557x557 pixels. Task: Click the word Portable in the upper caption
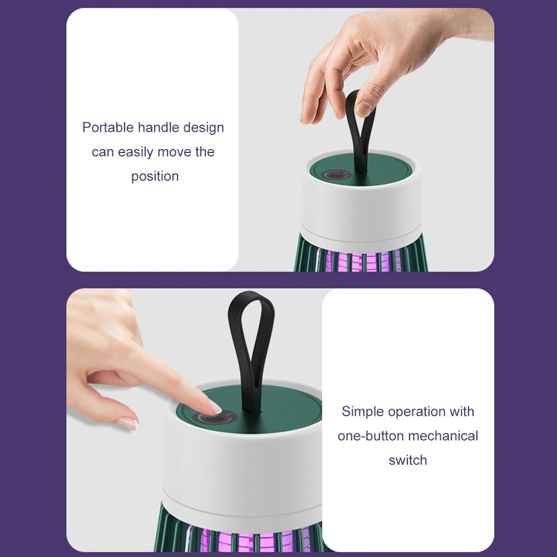point(108,127)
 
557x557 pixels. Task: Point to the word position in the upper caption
point(155,176)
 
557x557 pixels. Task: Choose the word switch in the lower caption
point(408,460)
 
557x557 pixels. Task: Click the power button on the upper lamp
point(336,175)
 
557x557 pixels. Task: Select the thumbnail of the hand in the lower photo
point(127,423)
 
